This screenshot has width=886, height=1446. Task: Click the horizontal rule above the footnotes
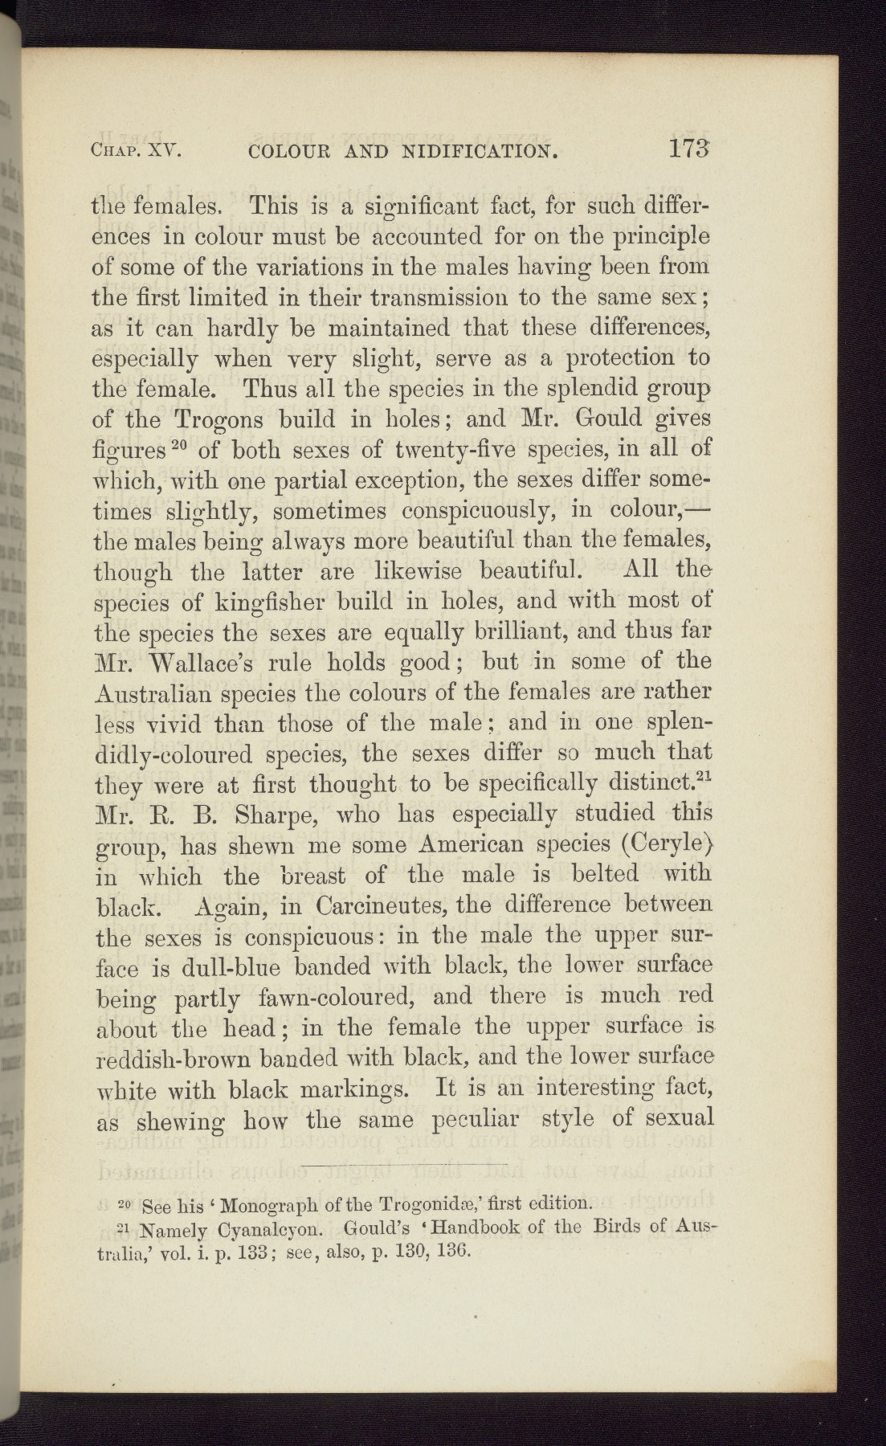406,1163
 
